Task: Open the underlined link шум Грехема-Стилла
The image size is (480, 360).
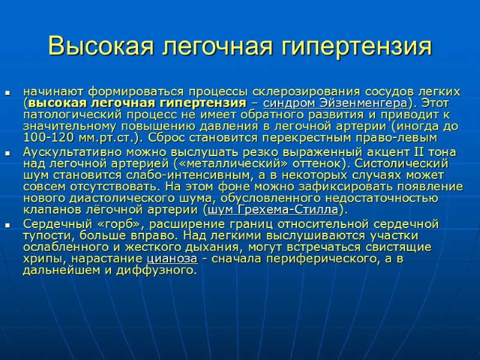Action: point(273,210)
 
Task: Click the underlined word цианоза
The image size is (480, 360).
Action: point(172,258)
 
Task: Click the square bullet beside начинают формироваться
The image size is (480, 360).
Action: point(8,94)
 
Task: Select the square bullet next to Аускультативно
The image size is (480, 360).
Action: point(8,154)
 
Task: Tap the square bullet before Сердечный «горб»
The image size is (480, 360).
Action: point(8,226)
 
